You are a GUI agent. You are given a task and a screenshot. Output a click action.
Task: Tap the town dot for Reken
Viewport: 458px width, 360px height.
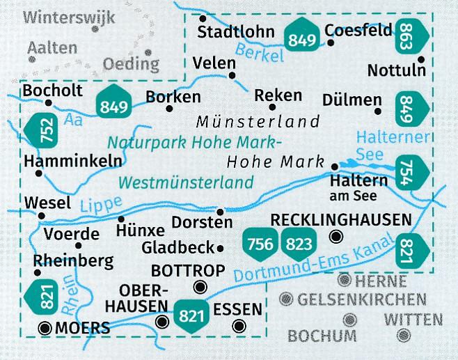(x=272, y=107)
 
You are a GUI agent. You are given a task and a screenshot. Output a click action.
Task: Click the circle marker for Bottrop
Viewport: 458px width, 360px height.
(x=201, y=287)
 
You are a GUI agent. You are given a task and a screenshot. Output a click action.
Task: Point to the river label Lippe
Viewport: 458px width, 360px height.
(x=95, y=203)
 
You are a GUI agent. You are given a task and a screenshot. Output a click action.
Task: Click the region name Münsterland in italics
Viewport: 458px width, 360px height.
(x=258, y=122)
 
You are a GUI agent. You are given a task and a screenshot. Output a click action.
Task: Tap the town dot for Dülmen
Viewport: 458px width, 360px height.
(x=378, y=111)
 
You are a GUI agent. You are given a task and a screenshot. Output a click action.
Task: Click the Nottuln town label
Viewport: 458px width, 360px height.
(x=395, y=70)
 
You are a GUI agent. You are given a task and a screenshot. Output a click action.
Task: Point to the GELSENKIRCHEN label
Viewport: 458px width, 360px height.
(x=361, y=300)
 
